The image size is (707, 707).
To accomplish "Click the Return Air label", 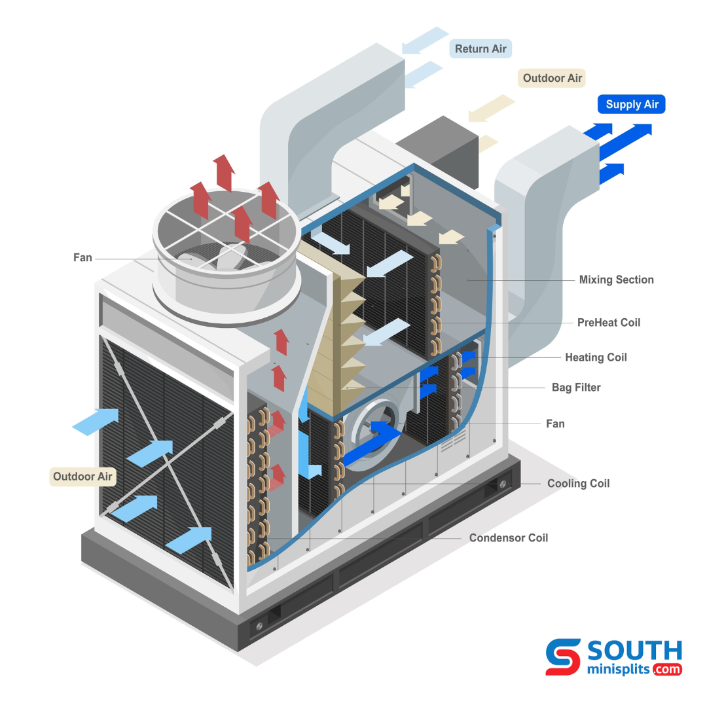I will tap(480, 49).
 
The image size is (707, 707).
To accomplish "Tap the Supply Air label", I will tap(632, 104).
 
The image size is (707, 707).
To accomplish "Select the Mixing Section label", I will tap(616, 280).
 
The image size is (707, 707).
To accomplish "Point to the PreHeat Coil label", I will tap(608, 322).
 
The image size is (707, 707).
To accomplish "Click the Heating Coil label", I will tap(596, 357).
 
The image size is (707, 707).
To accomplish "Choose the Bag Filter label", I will tap(576, 388).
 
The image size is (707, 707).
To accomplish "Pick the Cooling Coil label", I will tap(578, 484).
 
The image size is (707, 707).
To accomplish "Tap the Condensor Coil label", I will tap(508, 538).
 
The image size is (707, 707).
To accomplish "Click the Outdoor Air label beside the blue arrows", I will tap(83, 477).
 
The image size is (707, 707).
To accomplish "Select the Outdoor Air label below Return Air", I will tap(552, 79).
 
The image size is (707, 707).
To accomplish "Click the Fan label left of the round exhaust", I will tap(82, 258).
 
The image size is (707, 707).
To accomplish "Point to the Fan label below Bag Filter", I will tap(555, 424).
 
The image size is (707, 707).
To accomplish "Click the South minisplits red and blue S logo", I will tap(563, 657).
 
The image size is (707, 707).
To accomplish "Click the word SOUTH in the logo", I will tap(634, 650).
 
